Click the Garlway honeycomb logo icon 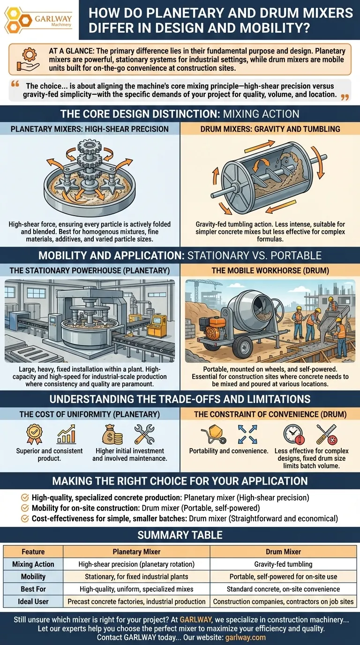click(18, 20)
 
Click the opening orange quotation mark click(15, 84)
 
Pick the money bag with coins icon click(112, 435)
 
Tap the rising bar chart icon click(67, 434)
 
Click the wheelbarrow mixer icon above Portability click(213, 434)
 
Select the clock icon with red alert click(293, 435)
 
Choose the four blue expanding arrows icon click(247, 434)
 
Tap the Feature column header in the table click(33, 551)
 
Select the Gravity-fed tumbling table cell click(283, 564)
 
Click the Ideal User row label click(33, 601)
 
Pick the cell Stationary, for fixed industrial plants click(136, 577)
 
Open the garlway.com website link click(245, 637)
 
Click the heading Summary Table click(180, 535)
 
